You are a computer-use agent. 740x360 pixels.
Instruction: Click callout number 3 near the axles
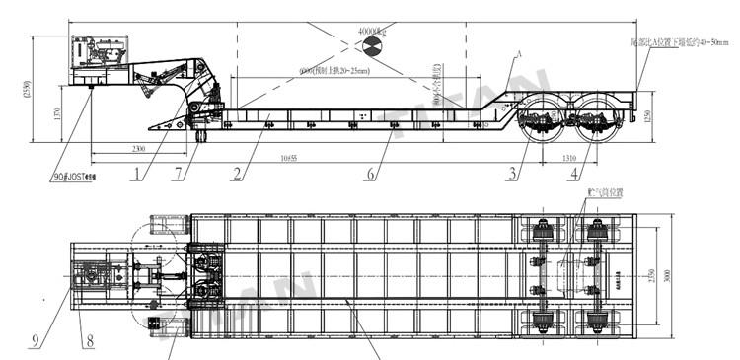click(x=513, y=175)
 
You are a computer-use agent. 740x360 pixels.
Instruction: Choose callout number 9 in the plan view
click(x=35, y=341)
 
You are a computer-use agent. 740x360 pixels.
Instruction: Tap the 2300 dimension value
click(x=138, y=148)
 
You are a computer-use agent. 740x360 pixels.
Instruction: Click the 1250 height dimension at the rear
click(x=648, y=116)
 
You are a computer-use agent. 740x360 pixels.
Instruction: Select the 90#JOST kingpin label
click(x=69, y=178)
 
